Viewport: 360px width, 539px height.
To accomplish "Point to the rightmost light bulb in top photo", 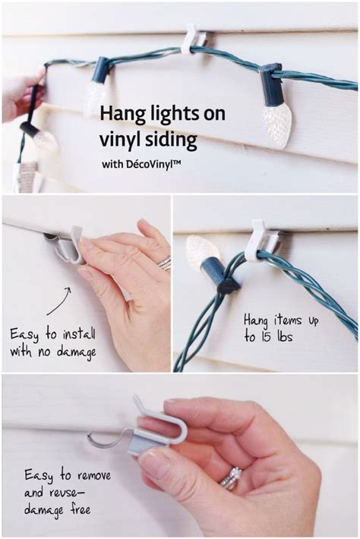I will pos(278,121).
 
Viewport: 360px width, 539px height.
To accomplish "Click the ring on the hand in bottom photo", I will pos(230,478).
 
